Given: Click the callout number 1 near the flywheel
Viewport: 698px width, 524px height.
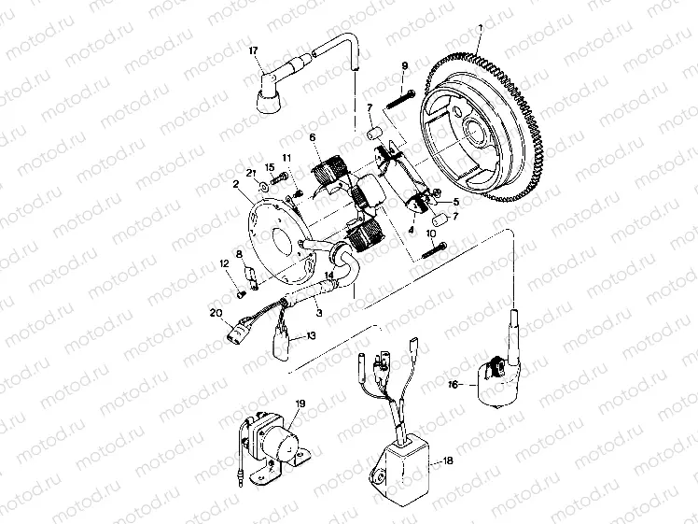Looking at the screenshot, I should [x=479, y=29].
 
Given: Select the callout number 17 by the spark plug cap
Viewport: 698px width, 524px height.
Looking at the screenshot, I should [x=253, y=50].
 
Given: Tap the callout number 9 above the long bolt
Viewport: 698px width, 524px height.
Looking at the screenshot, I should [x=405, y=64].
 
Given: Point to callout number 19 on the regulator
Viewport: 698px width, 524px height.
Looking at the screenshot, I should [x=300, y=404].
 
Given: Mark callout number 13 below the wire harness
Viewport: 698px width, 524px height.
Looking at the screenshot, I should [x=311, y=335].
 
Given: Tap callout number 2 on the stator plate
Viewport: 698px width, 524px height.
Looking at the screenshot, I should [x=237, y=187].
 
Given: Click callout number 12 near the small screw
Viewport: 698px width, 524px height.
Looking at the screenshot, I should [x=224, y=264].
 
